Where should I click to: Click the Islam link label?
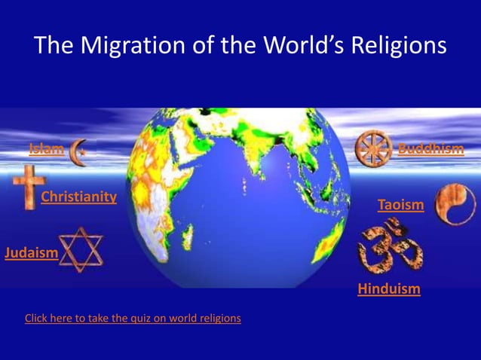46,148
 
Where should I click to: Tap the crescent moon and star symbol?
78,151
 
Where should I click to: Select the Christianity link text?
78,197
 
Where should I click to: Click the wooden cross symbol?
28,188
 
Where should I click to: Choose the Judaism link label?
31,252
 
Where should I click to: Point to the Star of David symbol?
81,249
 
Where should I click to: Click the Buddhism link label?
430,148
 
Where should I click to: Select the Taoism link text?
400,205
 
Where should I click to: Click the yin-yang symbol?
455,203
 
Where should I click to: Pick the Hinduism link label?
389,288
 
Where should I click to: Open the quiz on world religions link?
133,318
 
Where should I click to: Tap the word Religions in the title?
396,47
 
